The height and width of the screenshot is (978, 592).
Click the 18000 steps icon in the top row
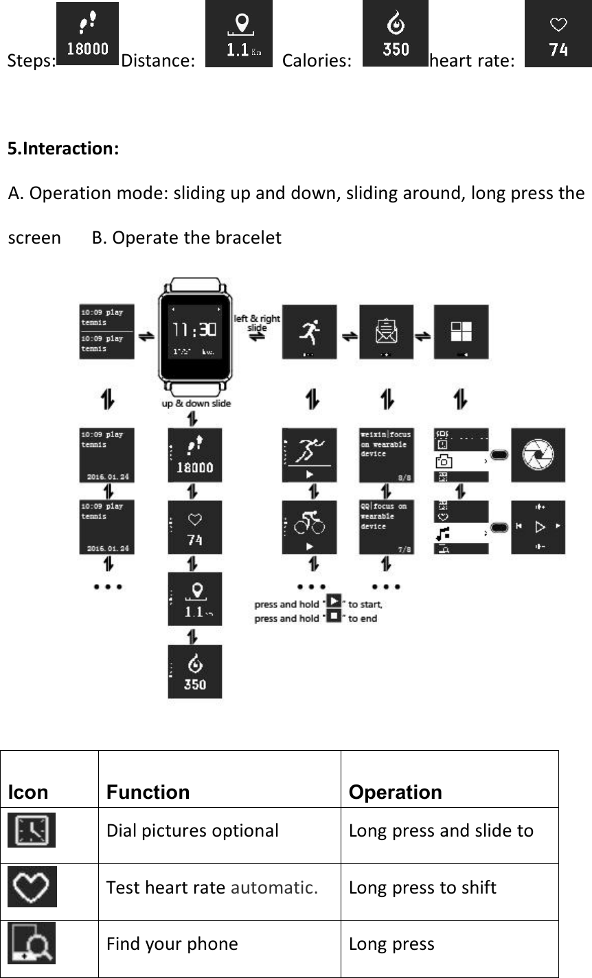click(87, 34)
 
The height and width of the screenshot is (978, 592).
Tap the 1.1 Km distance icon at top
click(238, 34)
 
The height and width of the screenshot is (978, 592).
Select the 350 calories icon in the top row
click(395, 34)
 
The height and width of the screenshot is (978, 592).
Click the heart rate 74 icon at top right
click(558, 34)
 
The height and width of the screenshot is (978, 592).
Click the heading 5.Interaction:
click(63, 148)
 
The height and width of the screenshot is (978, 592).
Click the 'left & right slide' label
click(258, 323)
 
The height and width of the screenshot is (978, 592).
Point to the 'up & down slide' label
click(196, 404)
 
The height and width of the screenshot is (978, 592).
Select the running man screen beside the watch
click(309, 332)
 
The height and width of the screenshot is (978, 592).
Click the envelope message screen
click(386, 332)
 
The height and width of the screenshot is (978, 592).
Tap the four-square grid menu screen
click(461, 332)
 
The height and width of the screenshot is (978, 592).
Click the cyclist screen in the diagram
click(309, 527)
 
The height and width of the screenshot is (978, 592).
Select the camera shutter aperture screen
click(538, 455)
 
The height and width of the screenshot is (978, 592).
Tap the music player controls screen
click(538, 527)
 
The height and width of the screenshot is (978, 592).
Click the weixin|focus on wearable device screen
click(386, 455)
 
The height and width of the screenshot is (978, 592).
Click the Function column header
click(148, 792)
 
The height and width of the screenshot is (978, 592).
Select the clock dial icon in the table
click(32, 830)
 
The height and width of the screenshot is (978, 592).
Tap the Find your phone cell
click(172, 944)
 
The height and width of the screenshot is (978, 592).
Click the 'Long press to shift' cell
click(422, 887)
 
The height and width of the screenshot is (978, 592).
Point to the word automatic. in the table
click(274, 887)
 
